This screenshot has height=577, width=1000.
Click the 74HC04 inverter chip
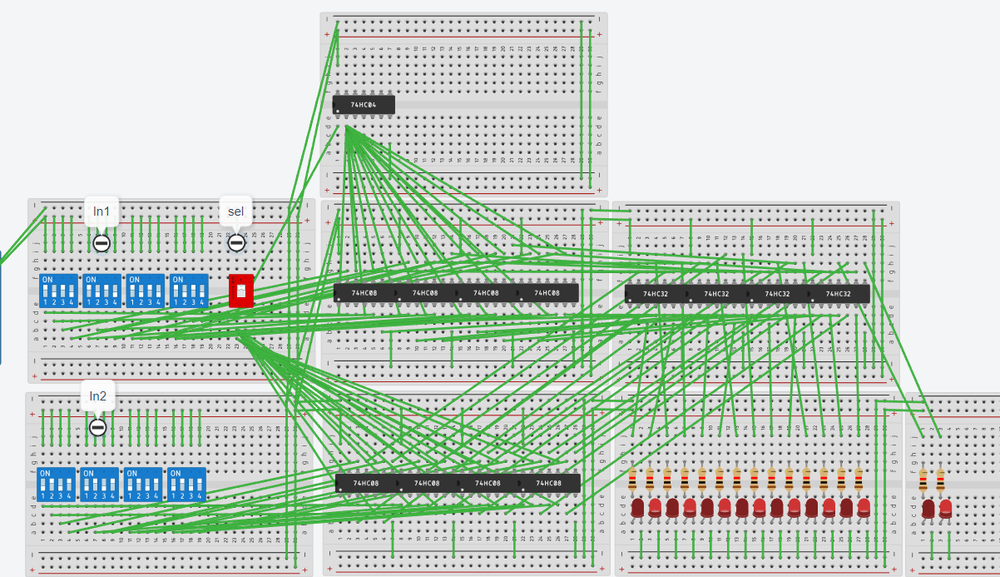click(364, 105)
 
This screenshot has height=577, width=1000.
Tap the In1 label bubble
click(101, 212)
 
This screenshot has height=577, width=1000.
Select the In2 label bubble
click(98, 396)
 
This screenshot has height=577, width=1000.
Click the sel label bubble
click(236, 211)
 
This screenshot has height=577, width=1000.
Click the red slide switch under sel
click(240, 291)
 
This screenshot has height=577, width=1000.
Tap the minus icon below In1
click(101, 243)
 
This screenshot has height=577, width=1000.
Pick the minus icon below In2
click(98, 427)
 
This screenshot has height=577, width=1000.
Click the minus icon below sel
click(236, 243)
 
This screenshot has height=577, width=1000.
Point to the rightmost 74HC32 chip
click(839, 294)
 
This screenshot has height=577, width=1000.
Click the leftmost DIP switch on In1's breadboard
click(58, 291)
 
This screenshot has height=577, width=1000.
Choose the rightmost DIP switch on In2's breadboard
click(187, 484)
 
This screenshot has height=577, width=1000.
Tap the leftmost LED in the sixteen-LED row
click(637, 507)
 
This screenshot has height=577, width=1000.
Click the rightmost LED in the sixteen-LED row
click(864, 507)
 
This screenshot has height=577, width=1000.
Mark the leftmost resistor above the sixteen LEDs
click(632, 479)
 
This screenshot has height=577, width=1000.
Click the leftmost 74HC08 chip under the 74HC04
click(364, 293)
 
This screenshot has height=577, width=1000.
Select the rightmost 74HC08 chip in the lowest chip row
click(548, 484)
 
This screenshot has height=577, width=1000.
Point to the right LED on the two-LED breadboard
click(946, 508)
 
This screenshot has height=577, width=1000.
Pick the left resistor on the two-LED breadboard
click(923, 479)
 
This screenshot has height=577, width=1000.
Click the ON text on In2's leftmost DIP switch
click(47, 473)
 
